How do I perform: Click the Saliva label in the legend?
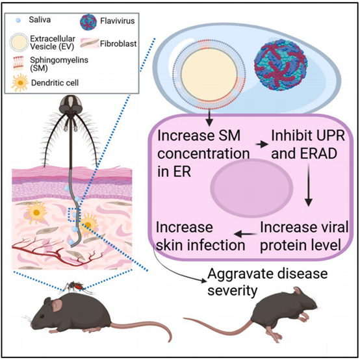(40, 19)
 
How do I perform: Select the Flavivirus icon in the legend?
(88, 21)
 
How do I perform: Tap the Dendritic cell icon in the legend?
(19, 83)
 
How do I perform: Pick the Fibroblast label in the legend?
(118, 44)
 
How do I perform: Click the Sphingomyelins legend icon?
(18, 63)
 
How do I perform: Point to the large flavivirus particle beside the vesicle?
(281, 65)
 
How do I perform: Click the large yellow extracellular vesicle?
(209, 73)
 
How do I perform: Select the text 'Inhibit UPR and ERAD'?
(308, 144)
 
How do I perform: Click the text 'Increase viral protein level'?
(304, 236)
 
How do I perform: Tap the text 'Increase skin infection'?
(200, 236)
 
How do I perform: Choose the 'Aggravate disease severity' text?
(268, 282)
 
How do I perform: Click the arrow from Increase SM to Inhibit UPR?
(262, 144)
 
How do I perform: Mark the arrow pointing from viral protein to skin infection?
(245, 234)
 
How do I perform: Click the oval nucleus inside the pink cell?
(252, 188)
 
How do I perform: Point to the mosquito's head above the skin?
(70, 104)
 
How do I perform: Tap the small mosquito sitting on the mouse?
(77, 287)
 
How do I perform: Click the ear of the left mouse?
(57, 306)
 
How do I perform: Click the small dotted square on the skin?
(75, 214)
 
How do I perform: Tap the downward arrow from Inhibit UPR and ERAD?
(309, 185)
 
